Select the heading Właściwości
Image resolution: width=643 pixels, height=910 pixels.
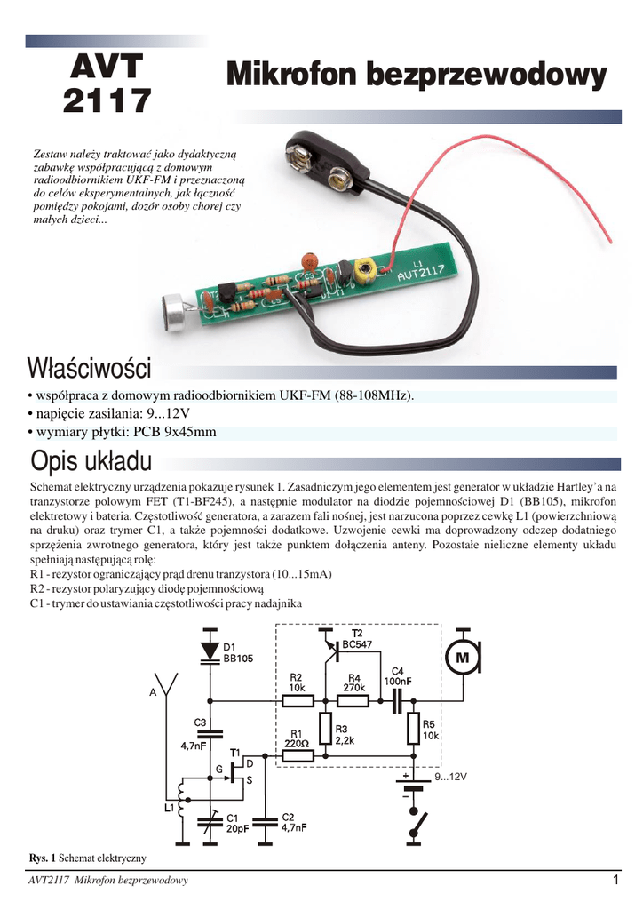90,367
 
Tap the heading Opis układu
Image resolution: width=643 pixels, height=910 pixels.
91,462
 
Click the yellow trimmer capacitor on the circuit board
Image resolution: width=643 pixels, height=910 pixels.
362,269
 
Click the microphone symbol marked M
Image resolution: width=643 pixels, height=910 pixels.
462,658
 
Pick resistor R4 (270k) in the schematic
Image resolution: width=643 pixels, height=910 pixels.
353,700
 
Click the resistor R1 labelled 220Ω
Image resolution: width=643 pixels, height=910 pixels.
298,755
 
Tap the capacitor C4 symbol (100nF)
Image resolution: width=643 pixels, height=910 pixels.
396,700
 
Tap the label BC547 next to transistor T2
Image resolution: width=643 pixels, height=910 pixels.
358,644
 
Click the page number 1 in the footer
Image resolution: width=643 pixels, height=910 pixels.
614,881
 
